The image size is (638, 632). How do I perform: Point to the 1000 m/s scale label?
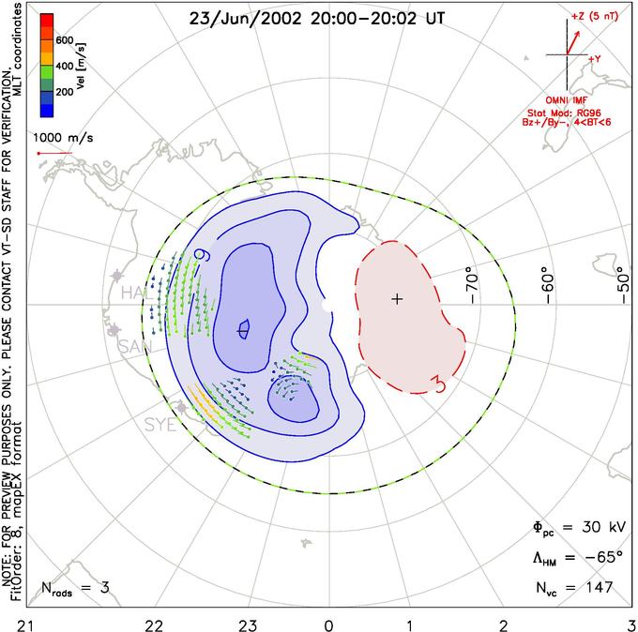tap(64, 137)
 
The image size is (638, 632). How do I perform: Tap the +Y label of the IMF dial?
tap(594, 57)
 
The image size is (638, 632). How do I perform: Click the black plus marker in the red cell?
tap(397, 299)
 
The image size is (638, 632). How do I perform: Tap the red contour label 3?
tap(436, 380)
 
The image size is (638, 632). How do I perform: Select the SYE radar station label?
tap(160, 424)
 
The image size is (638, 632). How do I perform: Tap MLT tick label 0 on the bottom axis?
tap(327, 624)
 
